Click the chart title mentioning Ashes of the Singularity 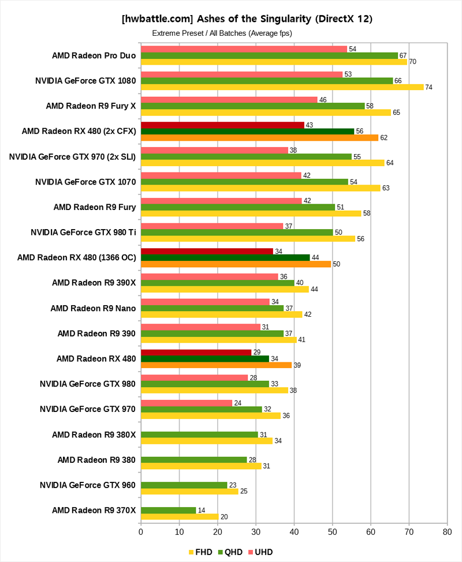(247, 18)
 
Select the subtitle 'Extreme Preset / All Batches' (222, 33)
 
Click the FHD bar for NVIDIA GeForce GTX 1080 (282, 87)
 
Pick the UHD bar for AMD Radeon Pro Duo (244, 49)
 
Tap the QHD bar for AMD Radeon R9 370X (169, 510)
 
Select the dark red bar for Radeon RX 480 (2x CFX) (222, 125)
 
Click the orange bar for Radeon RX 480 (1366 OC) (236, 264)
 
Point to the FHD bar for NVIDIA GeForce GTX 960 (189, 491)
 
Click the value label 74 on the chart (429, 87)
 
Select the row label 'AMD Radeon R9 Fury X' (91, 106)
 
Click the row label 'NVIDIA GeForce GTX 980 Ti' (83, 233)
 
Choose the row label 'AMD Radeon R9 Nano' (93, 308)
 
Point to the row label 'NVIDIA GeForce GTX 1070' (85, 182)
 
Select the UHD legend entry (260, 552)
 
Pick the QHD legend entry (230, 552)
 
